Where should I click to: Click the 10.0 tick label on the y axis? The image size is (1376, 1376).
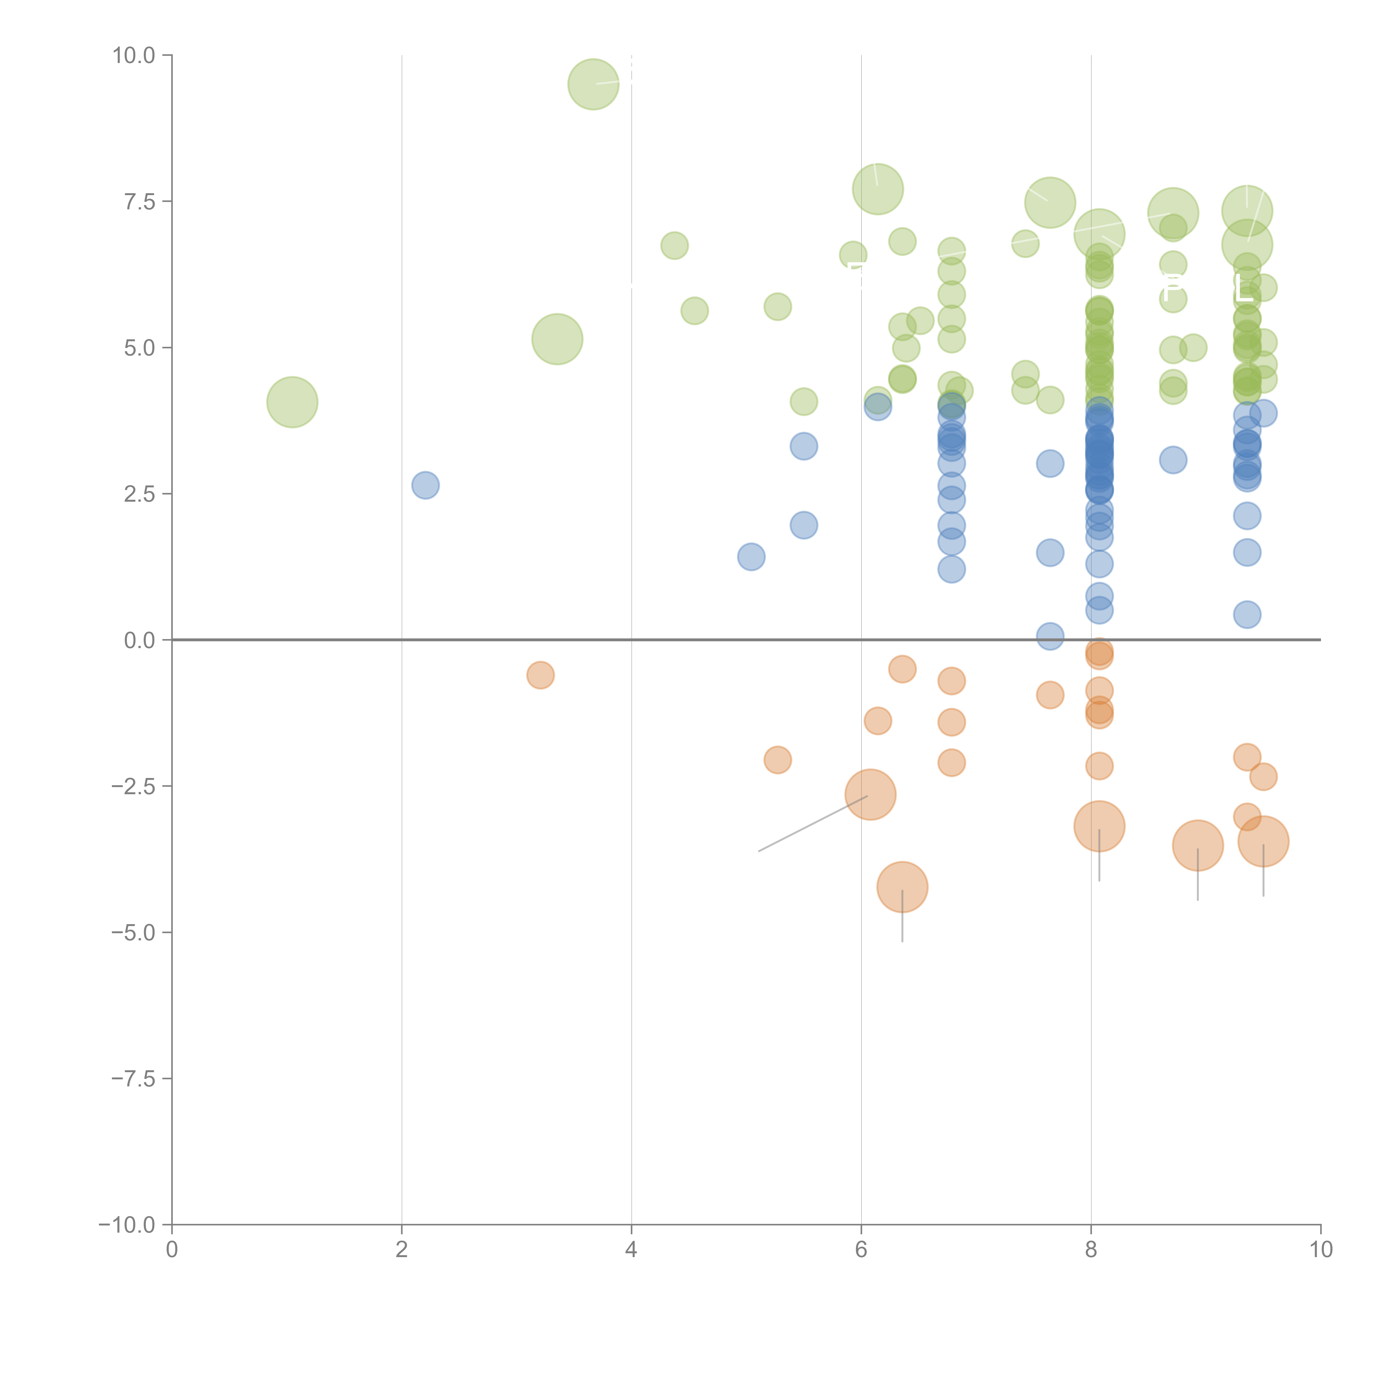[x=134, y=56]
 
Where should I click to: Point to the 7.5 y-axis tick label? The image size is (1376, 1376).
[x=140, y=201]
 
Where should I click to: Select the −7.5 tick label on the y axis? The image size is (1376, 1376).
[x=134, y=1078]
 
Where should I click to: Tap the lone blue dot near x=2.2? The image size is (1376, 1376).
[x=425, y=485]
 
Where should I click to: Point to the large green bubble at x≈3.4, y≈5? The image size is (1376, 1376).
[x=557, y=339]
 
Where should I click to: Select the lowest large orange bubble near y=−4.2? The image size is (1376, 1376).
[x=902, y=887]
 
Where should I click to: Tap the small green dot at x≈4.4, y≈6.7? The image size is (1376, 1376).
[x=675, y=246]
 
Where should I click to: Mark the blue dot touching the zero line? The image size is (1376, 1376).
[x=1050, y=636]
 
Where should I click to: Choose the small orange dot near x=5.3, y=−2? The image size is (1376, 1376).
[x=778, y=760]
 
